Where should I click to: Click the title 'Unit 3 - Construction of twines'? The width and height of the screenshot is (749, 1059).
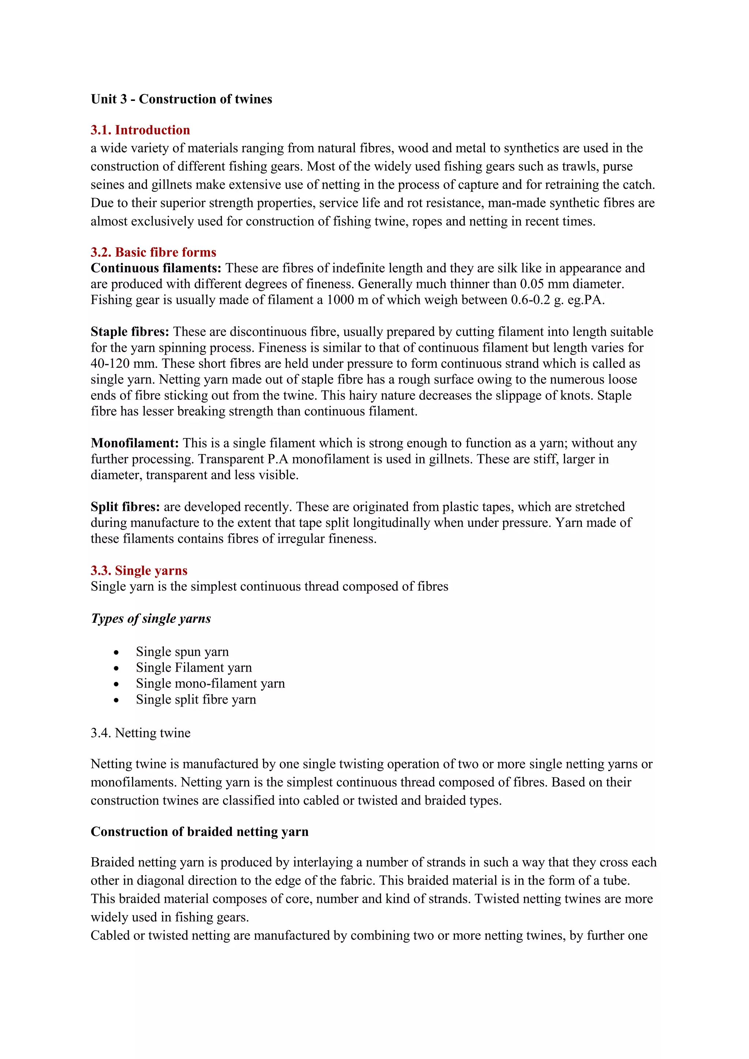click(x=181, y=99)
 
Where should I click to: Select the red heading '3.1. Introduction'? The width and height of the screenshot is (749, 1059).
click(x=140, y=130)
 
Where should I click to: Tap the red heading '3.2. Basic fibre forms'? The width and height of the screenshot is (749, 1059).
click(x=153, y=252)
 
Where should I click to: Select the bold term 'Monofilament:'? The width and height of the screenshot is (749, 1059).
click(x=135, y=443)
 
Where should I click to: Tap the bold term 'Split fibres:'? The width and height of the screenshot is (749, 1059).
click(x=125, y=507)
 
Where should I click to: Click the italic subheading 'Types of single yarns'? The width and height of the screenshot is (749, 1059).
click(x=151, y=618)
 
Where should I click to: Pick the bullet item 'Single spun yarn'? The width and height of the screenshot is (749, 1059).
click(x=182, y=652)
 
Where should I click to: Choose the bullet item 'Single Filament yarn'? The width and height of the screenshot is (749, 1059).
click(x=194, y=668)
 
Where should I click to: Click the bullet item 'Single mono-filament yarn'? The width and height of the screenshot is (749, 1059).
click(x=210, y=683)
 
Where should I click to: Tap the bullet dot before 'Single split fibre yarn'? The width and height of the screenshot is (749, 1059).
click(x=116, y=700)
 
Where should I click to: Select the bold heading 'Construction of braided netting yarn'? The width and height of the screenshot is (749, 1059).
click(x=199, y=832)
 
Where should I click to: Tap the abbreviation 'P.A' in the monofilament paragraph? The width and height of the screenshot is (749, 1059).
click(x=278, y=459)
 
